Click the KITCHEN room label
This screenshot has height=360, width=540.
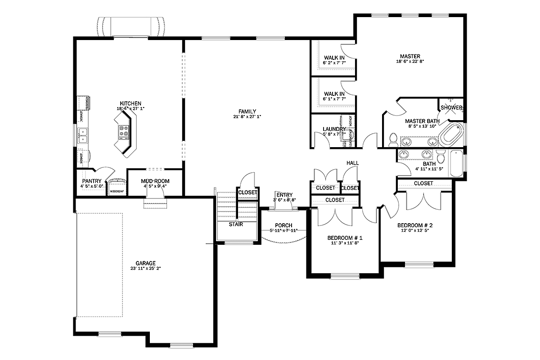coord(130,103)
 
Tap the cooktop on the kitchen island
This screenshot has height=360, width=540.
coord(125,131)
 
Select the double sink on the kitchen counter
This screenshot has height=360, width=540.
coord(83,135)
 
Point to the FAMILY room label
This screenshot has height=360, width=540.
coord(247,111)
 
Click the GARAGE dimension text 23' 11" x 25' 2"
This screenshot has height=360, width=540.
coord(145,269)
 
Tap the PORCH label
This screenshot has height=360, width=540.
coord(283,225)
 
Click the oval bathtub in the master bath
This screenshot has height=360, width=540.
coord(450,134)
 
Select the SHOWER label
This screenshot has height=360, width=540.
coord(451,108)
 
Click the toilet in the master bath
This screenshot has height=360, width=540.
coord(393,140)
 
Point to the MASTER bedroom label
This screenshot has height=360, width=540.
coord(410,56)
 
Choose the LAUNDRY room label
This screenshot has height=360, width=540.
coord(334,129)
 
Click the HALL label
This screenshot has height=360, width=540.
coord(352,162)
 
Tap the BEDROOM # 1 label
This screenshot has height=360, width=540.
coord(345,238)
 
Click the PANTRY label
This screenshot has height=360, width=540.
coord(91,181)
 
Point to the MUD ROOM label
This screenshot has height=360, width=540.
coord(155,181)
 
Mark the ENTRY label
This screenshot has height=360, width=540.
coord(284,194)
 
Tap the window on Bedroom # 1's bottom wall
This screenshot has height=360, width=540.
coord(344,276)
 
